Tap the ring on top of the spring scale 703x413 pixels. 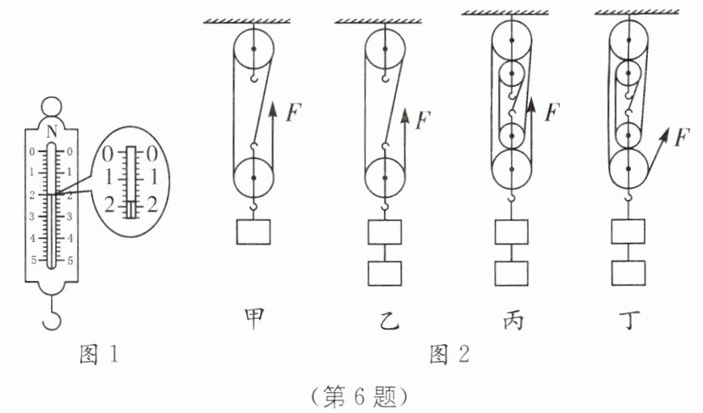point(52,105)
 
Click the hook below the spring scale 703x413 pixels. point(52,313)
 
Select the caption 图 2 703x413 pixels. point(449,354)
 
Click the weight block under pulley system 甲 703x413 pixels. point(254,232)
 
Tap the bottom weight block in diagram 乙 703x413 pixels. point(386,272)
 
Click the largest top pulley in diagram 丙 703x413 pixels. point(513,39)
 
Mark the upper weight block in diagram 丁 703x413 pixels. point(630,232)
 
